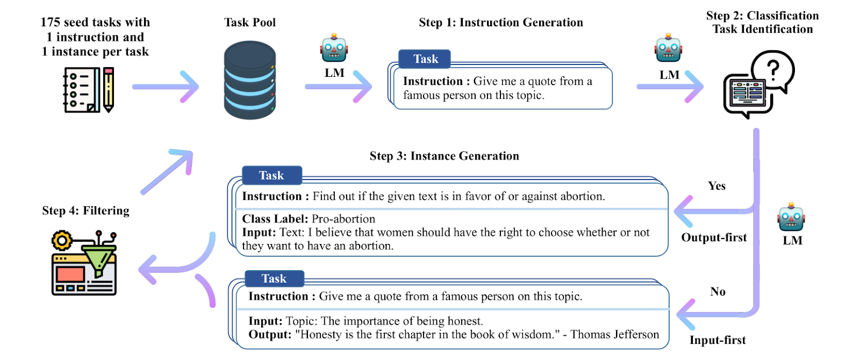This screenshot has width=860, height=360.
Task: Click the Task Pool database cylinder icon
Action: pos(250,80)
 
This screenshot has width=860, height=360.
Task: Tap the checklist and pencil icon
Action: pos(89,90)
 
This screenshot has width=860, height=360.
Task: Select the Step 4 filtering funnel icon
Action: pos(84,263)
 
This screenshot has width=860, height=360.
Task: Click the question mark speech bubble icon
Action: pos(758,84)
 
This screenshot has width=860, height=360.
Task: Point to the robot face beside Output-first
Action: pos(791,217)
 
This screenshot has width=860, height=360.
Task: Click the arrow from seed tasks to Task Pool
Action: pos(166,87)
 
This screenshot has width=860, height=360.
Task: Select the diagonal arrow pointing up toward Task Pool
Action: pos(167,171)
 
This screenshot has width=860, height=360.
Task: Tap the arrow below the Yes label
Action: pos(714,211)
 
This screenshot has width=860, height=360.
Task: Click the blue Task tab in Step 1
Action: pos(425,59)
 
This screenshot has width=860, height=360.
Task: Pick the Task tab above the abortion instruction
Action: pos(272,175)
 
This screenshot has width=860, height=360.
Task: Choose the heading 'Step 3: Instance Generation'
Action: pos(444,156)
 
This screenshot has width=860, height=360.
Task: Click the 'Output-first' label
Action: pos(714,237)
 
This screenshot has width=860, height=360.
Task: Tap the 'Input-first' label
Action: pos(718,340)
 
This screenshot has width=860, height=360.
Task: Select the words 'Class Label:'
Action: pos(275,219)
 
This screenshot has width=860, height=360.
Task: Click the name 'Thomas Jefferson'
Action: pos(615,334)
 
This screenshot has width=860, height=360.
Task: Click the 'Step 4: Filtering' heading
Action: pos(85,211)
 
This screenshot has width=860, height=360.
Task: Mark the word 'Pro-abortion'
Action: pos(343,219)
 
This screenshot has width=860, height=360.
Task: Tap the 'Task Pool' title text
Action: pos(250,22)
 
